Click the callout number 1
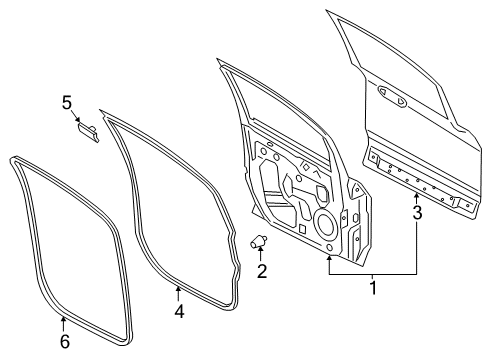pos(373,289)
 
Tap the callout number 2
pos(262,270)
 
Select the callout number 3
pos(417,212)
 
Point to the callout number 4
pos(179,311)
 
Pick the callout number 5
pos(67,102)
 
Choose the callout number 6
pos(63,342)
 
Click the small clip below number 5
pos(88,132)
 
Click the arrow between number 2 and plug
pos(262,254)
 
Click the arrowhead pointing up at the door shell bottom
pos(330,257)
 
